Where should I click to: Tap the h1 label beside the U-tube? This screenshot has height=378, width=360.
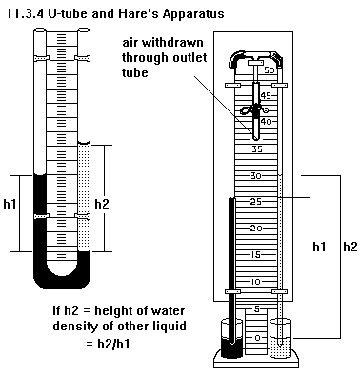click(x=10, y=204)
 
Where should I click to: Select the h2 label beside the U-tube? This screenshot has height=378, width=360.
click(x=102, y=204)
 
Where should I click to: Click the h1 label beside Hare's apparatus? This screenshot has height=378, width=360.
click(x=319, y=247)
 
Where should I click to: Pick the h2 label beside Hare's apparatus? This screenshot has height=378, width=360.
click(x=350, y=247)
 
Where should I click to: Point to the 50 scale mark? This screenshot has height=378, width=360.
click(x=270, y=70)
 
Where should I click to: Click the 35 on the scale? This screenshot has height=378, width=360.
click(x=257, y=149)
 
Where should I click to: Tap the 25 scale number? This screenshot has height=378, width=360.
click(x=255, y=201)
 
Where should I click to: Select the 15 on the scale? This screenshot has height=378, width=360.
click(x=256, y=255)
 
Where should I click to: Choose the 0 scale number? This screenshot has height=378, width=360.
click(x=257, y=338)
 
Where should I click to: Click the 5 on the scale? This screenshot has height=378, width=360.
click(x=257, y=308)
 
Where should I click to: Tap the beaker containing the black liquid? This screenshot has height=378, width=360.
click(x=231, y=338)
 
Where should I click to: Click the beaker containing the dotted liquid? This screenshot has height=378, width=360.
click(x=280, y=338)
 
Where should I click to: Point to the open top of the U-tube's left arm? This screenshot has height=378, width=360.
click(x=40, y=30)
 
